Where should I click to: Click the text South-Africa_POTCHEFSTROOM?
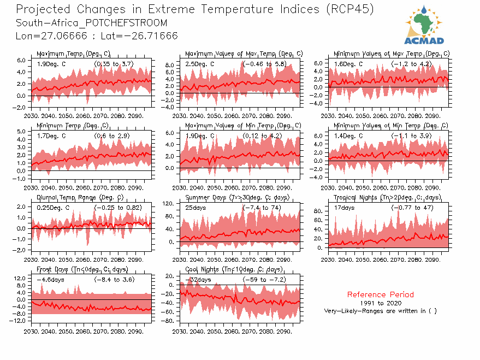(92, 23)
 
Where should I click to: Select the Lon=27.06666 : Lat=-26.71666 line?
(97, 36)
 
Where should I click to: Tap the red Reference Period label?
(380, 294)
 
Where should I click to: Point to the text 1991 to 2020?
(380, 303)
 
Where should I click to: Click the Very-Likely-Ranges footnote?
(380, 311)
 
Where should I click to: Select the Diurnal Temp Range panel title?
(80, 198)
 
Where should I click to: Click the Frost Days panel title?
(82, 269)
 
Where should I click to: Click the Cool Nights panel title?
(234, 269)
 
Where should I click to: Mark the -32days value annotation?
(197, 280)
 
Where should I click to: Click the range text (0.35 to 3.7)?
(114, 64)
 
